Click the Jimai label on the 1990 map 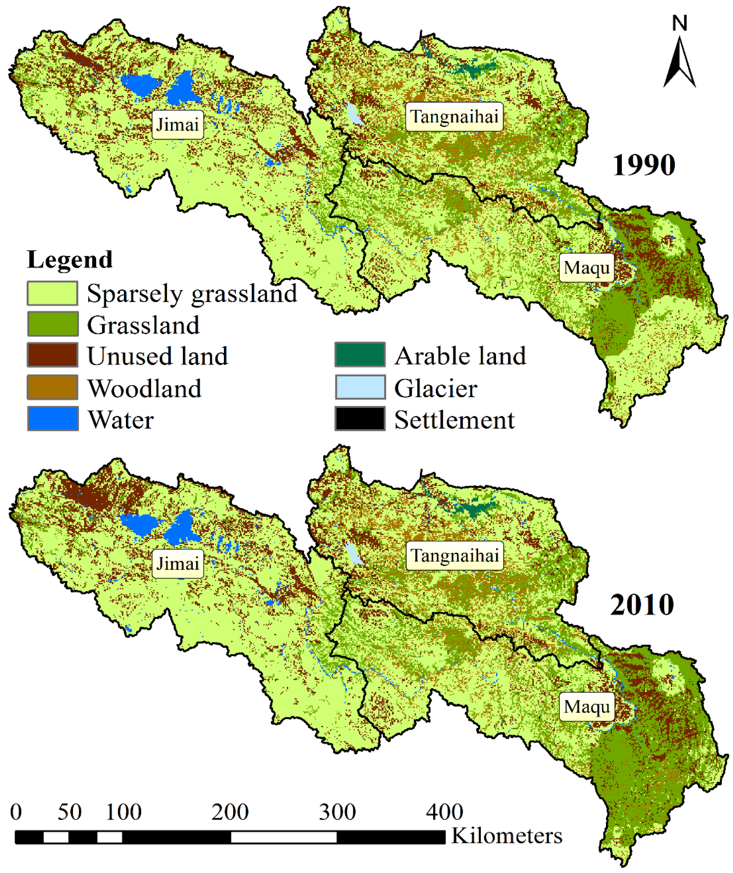[x=178, y=125]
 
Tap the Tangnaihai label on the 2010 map [x=454, y=555]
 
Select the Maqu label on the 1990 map [x=587, y=268]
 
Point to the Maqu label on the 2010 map [x=587, y=707]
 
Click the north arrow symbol [x=679, y=62]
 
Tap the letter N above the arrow [x=679, y=23]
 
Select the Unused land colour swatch [x=52, y=355]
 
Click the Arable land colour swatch [x=360, y=355]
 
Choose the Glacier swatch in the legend [x=360, y=387]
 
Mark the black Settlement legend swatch [x=360, y=419]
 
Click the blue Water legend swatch [x=52, y=419]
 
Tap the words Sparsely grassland [x=192, y=293]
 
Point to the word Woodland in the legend [x=144, y=388]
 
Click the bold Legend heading [x=70, y=259]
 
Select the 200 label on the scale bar [x=230, y=812]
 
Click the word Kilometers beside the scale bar [x=506, y=835]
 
